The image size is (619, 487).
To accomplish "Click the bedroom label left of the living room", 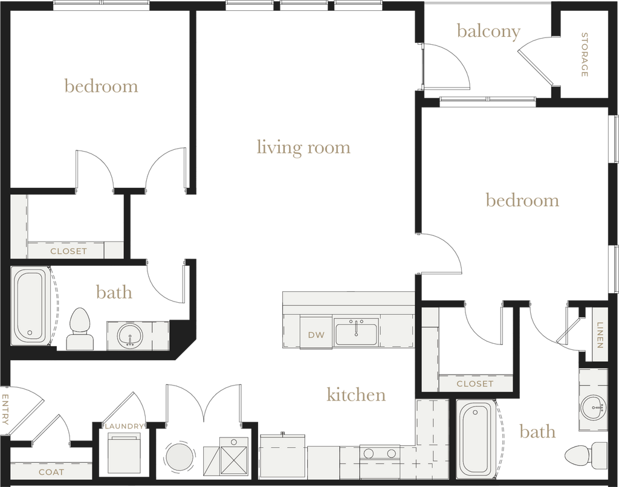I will [101, 86].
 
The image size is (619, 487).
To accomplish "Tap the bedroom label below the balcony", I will [522, 200].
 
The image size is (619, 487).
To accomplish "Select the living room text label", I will [303, 147].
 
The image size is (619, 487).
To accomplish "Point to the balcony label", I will [488, 32].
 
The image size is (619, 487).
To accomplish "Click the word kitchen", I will [355, 395].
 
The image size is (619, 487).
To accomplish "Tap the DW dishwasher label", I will [315, 335].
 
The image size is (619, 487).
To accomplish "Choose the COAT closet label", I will [51, 472].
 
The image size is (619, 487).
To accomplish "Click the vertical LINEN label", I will [599, 334].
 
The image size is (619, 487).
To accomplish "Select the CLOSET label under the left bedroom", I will [68, 251].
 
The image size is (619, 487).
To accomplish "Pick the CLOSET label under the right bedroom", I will [475, 383].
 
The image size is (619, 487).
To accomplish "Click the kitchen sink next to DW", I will [356, 332].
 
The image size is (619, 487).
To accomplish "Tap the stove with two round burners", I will [379, 454].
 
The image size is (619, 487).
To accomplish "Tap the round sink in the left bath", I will [129, 335].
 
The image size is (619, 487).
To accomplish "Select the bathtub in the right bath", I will [477, 438].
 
